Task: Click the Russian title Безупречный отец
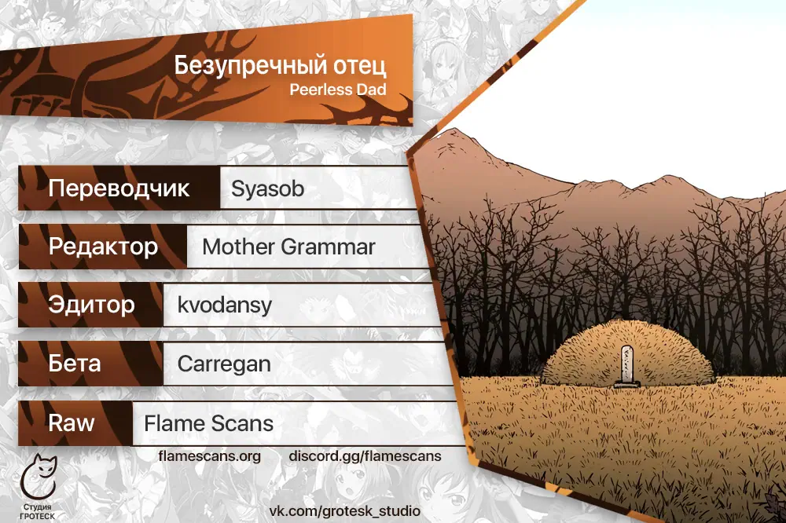pyautogui.click(x=281, y=66)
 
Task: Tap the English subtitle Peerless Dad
pyautogui.click(x=338, y=90)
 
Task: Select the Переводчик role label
pyautogui.click(x=119, y=188)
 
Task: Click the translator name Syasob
pyautogui.click(x=268, y=189)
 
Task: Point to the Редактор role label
pyautogui.click(x=103, y=247)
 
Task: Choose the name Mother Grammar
pyautogui.click(x=288, y=247)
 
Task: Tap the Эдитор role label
pyautogui.click(x=92, y=305)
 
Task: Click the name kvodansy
pyautogui.click(x=225, y=305)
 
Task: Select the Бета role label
pyautogui.click(x=75, y=363)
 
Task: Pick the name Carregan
pyautogui.click(x=224, y=364)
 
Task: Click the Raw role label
pyautogui.click(x=72, y=422)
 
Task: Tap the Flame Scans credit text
pyautogui.click(x=208, y=423)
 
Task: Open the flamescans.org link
pyautogui.click(x=210, y=456)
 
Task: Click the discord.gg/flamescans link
pyautogui.click(x=365, y=456)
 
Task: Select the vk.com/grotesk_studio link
pyautogui.click(x=345, y=511)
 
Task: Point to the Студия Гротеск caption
pyautogui.click(x=38, y=511)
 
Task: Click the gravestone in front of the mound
pyautogui.click(x=627, y=367)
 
